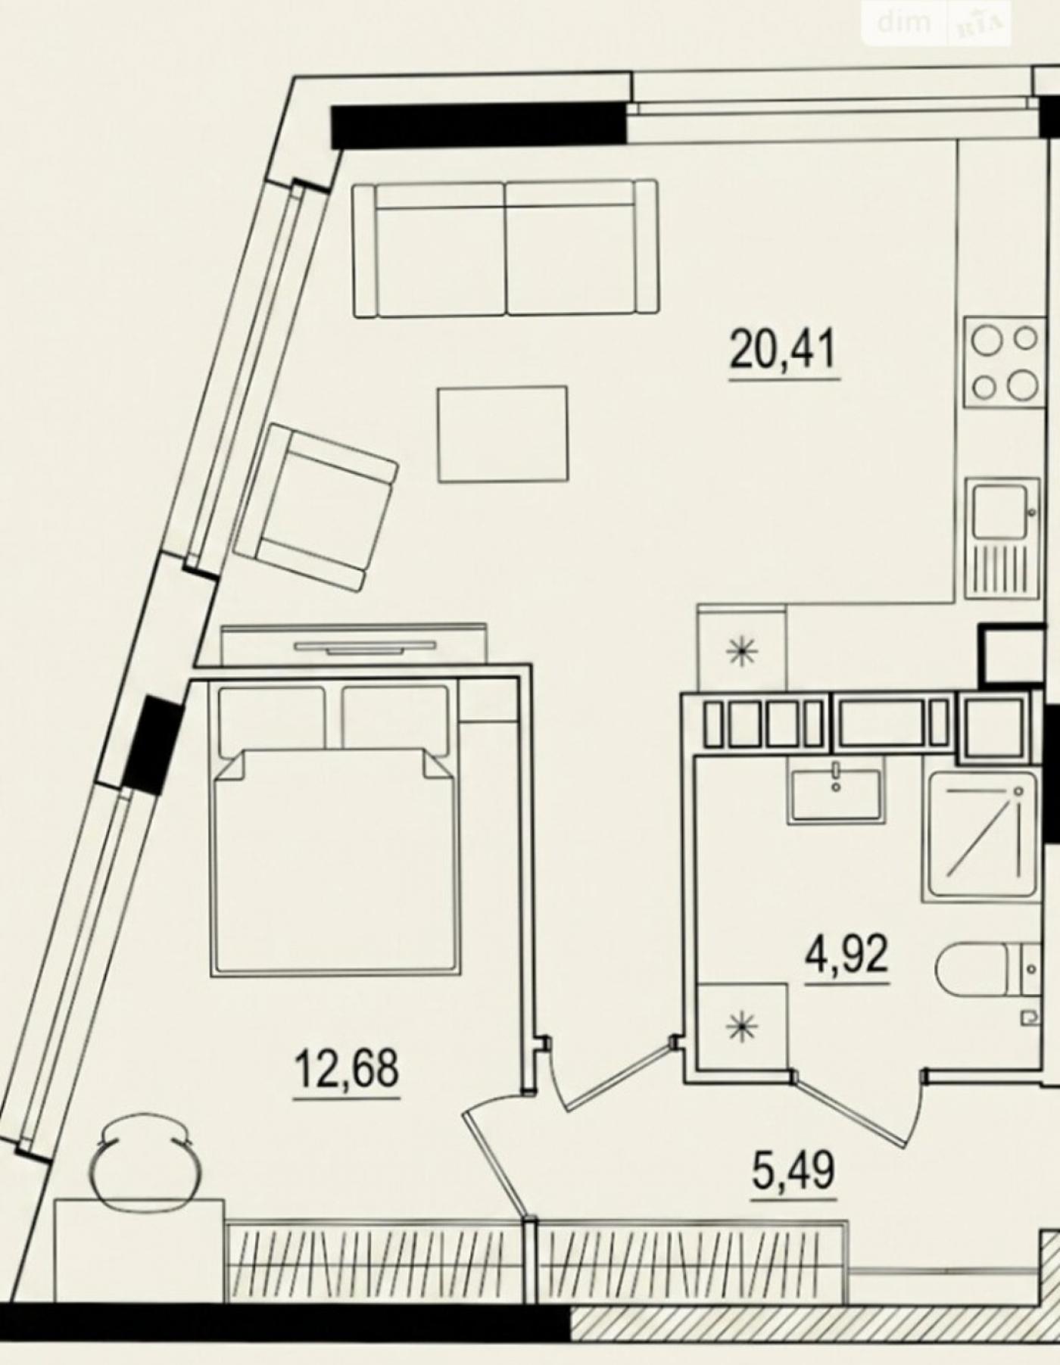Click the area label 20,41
point(784,351)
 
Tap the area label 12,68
point(346,1068)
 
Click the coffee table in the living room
point(503,434)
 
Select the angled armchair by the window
point(315,506)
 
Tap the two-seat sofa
point(505,248)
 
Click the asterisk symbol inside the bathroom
point(741,1026)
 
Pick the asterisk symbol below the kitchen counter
point(741,651)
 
